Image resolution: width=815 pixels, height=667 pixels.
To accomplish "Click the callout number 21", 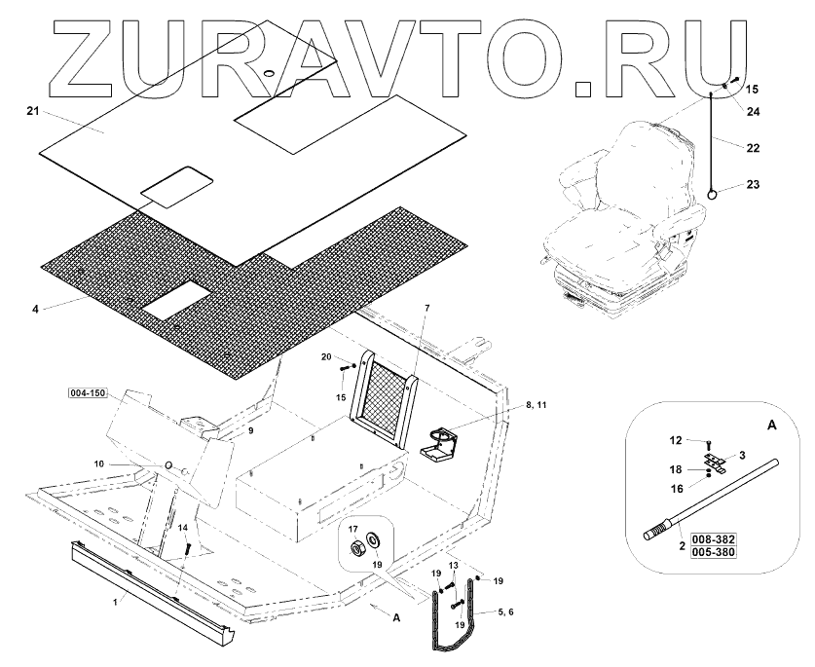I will point(32,113).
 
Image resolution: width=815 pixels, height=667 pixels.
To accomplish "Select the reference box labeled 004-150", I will point(88,393).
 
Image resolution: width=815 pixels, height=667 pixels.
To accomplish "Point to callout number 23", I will point(753,184).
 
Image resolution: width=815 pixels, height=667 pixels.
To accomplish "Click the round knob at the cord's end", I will point(713,194).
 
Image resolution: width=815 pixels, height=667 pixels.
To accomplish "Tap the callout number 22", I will point(753,148).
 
